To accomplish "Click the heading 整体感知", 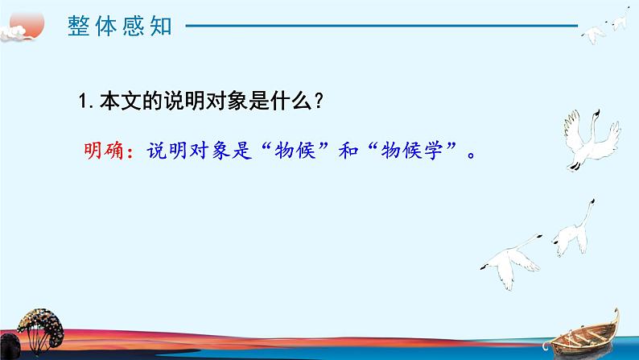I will [x=120, y=27].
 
